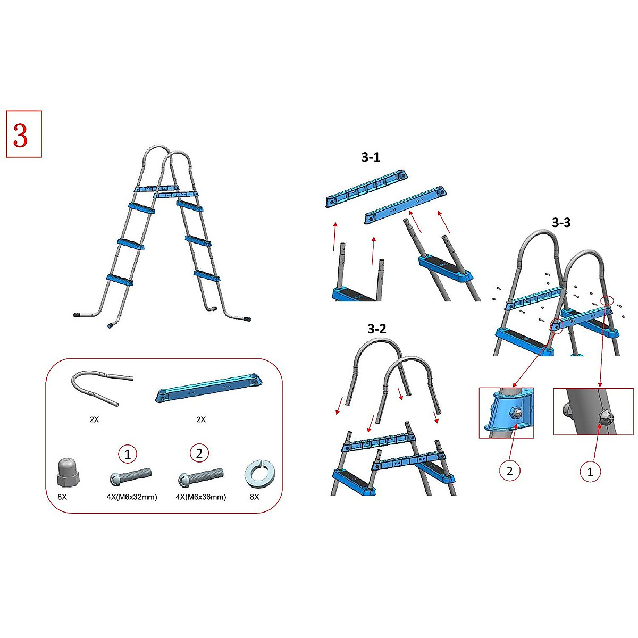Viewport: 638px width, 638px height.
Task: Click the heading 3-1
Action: click(x=371, y=157)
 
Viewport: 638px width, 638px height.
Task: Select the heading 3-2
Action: click(x=377, y=329)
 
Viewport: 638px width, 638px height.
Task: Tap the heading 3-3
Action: click(x=561, y=222)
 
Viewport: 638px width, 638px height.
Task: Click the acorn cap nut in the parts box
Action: click(x=68, y=473)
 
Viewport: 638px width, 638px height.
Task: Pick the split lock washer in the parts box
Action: click(x=259, y=474)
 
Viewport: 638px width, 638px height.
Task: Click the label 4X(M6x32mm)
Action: click(x=132, y=497)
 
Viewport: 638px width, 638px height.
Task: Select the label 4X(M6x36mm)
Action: click(x=200, y=497)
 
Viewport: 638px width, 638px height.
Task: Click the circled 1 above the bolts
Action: click(x=128, y=454)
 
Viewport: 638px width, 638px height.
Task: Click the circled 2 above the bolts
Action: click(x=199, y=453)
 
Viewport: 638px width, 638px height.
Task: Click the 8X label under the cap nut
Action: click(x=62, y=497)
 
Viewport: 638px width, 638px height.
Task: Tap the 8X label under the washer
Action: click(x=255, y=497)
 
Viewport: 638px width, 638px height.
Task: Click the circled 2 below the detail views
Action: click(x=509, y=471)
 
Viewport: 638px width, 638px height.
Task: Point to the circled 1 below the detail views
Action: click(x=590, y=472)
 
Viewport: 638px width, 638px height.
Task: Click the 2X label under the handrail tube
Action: click(x=94, y=419)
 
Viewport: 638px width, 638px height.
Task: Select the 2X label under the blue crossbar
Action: click(x=201, y=419)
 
